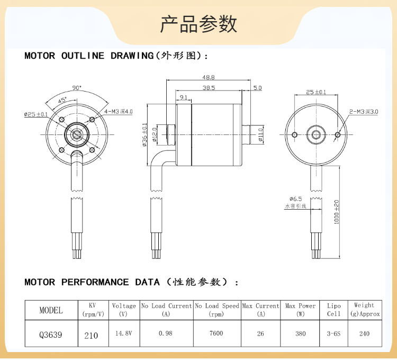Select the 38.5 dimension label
209,88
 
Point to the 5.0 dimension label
257,88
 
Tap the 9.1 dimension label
183,97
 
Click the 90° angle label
77,88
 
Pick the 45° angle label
62,100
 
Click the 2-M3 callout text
364,112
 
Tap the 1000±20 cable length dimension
337,212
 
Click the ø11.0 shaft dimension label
260,136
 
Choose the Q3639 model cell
51,334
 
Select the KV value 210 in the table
91,335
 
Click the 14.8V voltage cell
124,334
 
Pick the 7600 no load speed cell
216,334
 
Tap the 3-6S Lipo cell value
333,334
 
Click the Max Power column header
300,310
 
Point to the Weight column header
364,309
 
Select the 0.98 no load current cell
166,334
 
